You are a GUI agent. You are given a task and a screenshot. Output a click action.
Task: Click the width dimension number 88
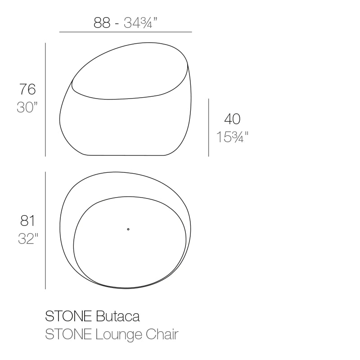coord(102,22)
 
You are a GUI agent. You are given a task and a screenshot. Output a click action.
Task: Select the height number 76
coord(27,90)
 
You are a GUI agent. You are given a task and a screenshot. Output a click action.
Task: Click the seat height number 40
coord(232,119)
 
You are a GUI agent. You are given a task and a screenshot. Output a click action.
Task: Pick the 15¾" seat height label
coord(232,137)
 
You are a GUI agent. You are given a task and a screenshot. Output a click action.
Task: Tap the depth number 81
coord(27,220)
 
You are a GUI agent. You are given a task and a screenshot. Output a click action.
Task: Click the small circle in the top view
coord(128,229)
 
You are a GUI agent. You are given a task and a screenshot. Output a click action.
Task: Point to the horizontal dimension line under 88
coord(126,32)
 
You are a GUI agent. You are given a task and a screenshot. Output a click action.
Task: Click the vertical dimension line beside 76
coord(45,99)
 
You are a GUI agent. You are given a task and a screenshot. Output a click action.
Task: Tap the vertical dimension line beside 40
coord(208,128)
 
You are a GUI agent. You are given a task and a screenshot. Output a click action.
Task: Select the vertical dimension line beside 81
coord(45,230)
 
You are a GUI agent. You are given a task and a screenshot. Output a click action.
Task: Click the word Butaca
coord(118,316)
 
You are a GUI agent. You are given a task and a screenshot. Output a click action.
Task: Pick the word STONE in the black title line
coord(69,316)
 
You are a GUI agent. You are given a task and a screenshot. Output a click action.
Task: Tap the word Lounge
coord(121,335)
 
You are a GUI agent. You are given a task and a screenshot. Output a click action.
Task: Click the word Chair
coord(164,335)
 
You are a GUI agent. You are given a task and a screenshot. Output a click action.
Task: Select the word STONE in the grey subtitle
coord(69,335)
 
